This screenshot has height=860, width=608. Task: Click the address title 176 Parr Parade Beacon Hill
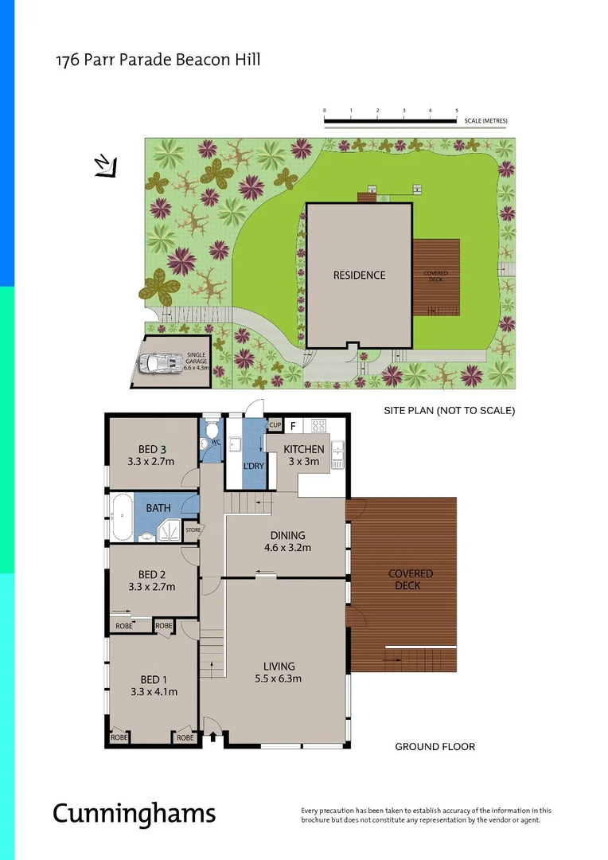(158, 60)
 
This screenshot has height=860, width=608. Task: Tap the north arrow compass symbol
(105, 166)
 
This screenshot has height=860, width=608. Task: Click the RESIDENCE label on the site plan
(359, 275)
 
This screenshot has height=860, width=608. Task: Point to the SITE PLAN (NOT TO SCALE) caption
(450, 411)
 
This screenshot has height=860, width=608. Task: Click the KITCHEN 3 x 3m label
(304, 455)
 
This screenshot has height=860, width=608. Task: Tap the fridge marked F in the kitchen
(293, 425)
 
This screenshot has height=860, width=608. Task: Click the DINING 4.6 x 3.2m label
(287, 541)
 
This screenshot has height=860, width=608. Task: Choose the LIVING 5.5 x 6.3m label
(279, 672)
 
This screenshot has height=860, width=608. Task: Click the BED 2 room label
(151, 580)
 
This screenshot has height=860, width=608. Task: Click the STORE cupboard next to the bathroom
(192, 530)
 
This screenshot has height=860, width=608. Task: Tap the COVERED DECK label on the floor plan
(410, 579)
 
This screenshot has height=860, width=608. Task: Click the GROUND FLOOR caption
(435, 747)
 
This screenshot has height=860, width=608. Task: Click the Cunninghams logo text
(134, 813)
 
